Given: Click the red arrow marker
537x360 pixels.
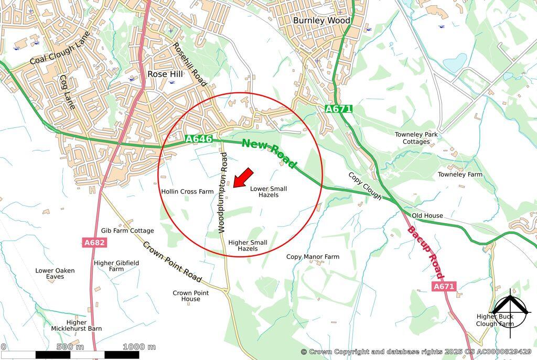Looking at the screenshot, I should [x=243, y=178].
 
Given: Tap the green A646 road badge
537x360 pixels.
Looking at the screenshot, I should [x=199, y=139].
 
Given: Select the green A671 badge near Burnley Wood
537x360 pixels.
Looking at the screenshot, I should [x=338, y=109].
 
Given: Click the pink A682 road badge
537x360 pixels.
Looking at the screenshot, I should [x=94, y=243].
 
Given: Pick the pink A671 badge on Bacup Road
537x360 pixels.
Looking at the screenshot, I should [x=444, y=286].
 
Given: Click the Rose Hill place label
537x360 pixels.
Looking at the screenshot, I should [x=165, y=74].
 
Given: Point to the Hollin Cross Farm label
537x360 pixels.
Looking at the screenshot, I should [x=187, y=191].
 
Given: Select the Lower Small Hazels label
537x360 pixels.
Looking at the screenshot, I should [x=268, y=191].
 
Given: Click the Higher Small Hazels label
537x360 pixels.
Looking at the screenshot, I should [x=248, y=245].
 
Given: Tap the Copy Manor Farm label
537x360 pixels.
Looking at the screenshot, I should [x=313, y=257].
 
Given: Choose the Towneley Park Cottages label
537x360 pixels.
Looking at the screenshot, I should [x=416, y=138].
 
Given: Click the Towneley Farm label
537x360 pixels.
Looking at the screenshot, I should [x=460, y=174].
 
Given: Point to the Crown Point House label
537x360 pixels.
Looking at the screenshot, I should [x=190, y=296].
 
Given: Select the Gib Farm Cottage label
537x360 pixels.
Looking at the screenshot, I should [x=127, y=231].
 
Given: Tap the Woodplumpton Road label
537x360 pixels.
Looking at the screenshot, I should [x=223, y=192].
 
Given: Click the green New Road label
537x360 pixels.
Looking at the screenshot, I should [x=269, y=154].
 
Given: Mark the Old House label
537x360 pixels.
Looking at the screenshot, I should [x=427, y=215].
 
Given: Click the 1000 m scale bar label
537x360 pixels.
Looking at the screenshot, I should [x=139, y=347].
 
